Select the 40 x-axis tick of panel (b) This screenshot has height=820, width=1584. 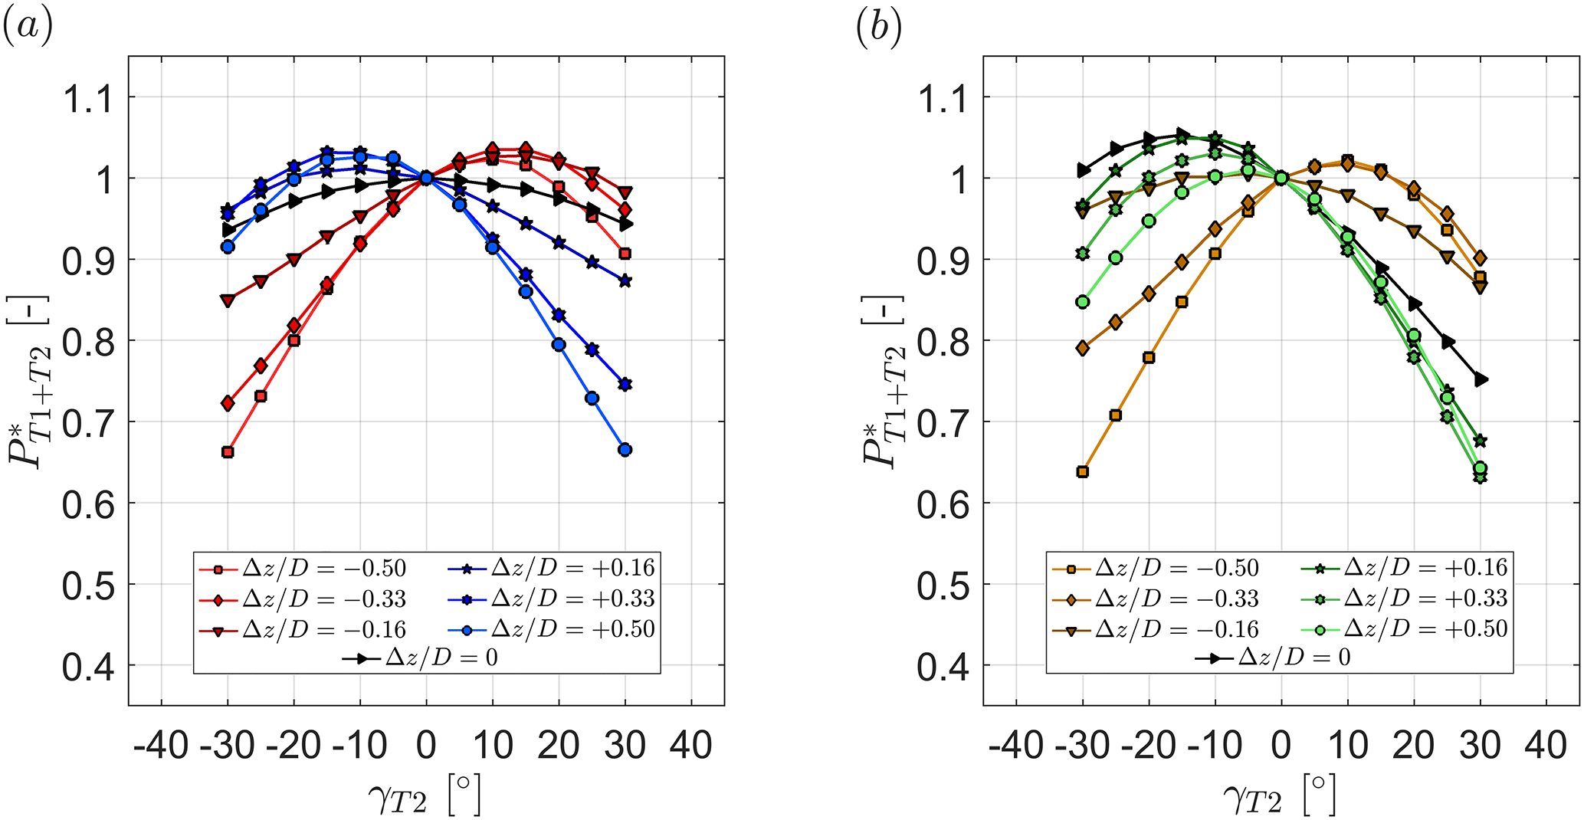pyautogui.click(x=1546, y=745)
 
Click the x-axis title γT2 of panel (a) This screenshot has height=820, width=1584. pyautogui.click(x=424, y=795)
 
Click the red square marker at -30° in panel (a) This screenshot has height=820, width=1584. pyautogui.click(x=228, y=452)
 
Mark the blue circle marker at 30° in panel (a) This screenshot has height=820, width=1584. pyautogui.click(x=625, y=450)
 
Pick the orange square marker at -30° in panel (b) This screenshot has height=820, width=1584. pyautogui.click(x=1082, y=471)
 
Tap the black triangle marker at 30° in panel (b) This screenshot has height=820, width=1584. pyautogui.click(x=1481, y=379)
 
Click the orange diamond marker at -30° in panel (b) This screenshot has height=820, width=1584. pyautogui.click(x=1082, y=348)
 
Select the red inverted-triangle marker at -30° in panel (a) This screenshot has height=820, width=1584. pyautogui.click(x=228, y=300)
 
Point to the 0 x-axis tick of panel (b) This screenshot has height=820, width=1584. pyautogui.click(x=1281, y=745)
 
